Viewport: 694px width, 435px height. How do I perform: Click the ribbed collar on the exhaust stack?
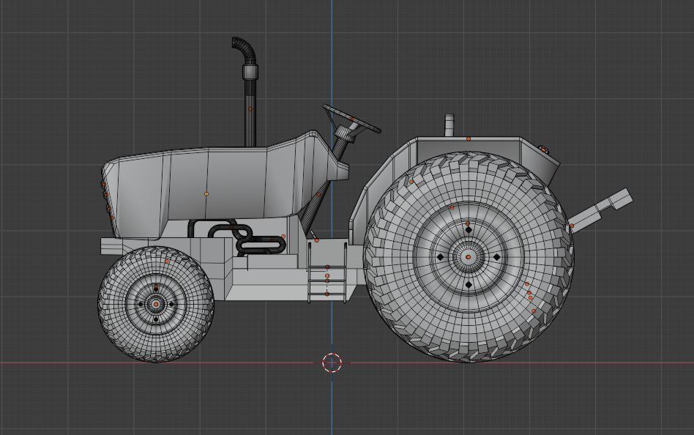click(251, 72)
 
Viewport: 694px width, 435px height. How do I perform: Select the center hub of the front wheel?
click(156, 303)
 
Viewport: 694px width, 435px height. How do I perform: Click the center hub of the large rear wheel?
click(469, 257)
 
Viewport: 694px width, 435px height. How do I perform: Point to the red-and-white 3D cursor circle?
click(332, 362)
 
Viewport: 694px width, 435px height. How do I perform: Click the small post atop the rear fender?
click(449, 125)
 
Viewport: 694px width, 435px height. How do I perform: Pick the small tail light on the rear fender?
click(544, 149)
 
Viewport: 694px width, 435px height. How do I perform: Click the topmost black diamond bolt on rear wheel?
click(469, 229)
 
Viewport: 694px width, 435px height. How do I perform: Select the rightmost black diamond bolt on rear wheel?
click(496, 257)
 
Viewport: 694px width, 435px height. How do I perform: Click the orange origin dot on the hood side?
click(206, 194)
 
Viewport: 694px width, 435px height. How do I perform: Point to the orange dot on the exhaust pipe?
click(250, 109)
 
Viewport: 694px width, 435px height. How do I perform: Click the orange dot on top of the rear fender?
click(469, 138)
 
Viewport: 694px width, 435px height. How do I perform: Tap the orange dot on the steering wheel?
click(352, 119)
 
